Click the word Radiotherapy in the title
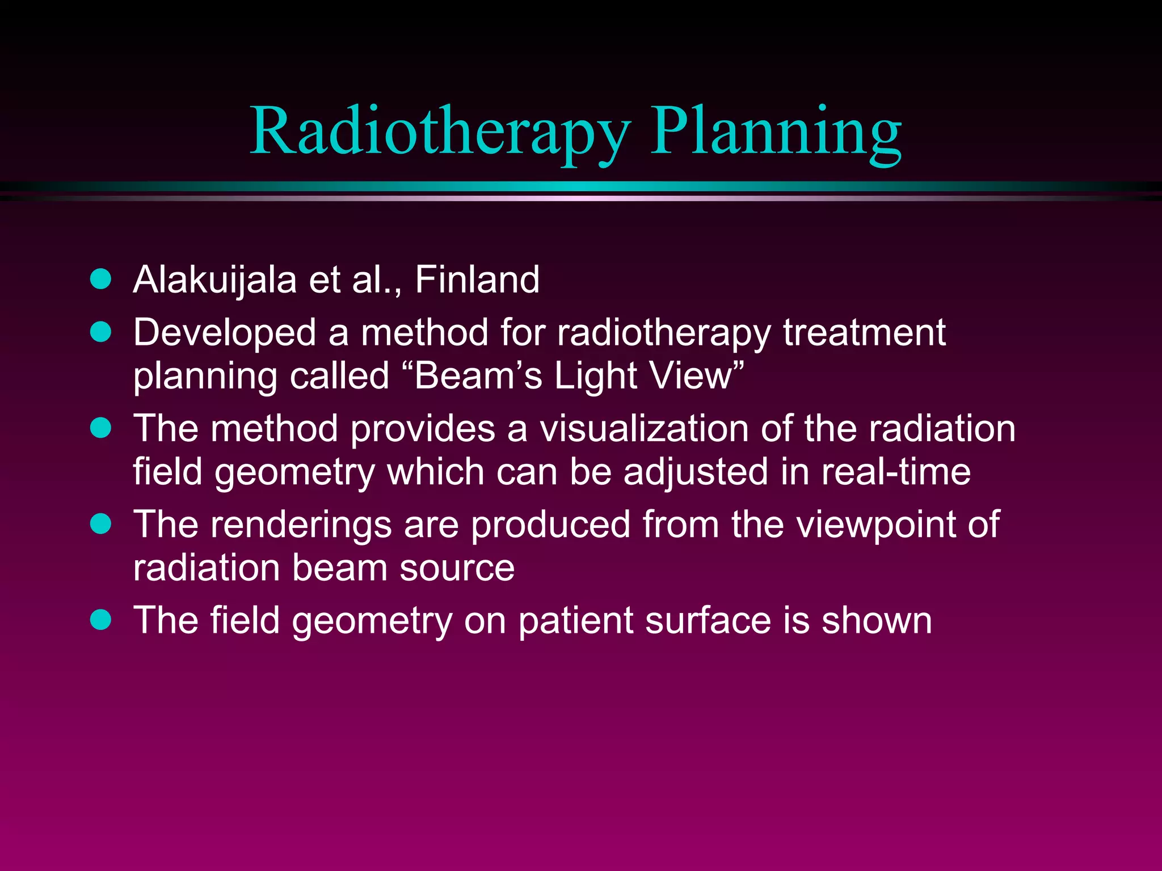(x=440, y=132)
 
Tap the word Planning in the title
(x=775, y=132)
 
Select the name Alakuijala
(x=214, y=280)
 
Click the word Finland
(x=477, y=280)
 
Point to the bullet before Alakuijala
(x=101, y=279)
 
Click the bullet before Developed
(x=101, y=332)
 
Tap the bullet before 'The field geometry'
(x=101, y=620)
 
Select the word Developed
(x=225, y=333)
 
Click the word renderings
(x=301, y=525)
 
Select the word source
(x=457, y=568)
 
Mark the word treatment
(x=864, y=333)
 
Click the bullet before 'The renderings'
(x=101, y=523)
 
